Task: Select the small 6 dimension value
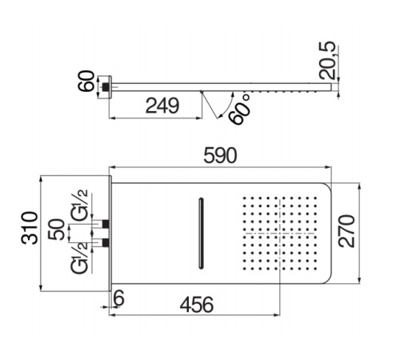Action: point(119,298)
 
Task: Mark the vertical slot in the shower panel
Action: point(200,232)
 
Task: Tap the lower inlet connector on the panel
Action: point(105,241)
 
